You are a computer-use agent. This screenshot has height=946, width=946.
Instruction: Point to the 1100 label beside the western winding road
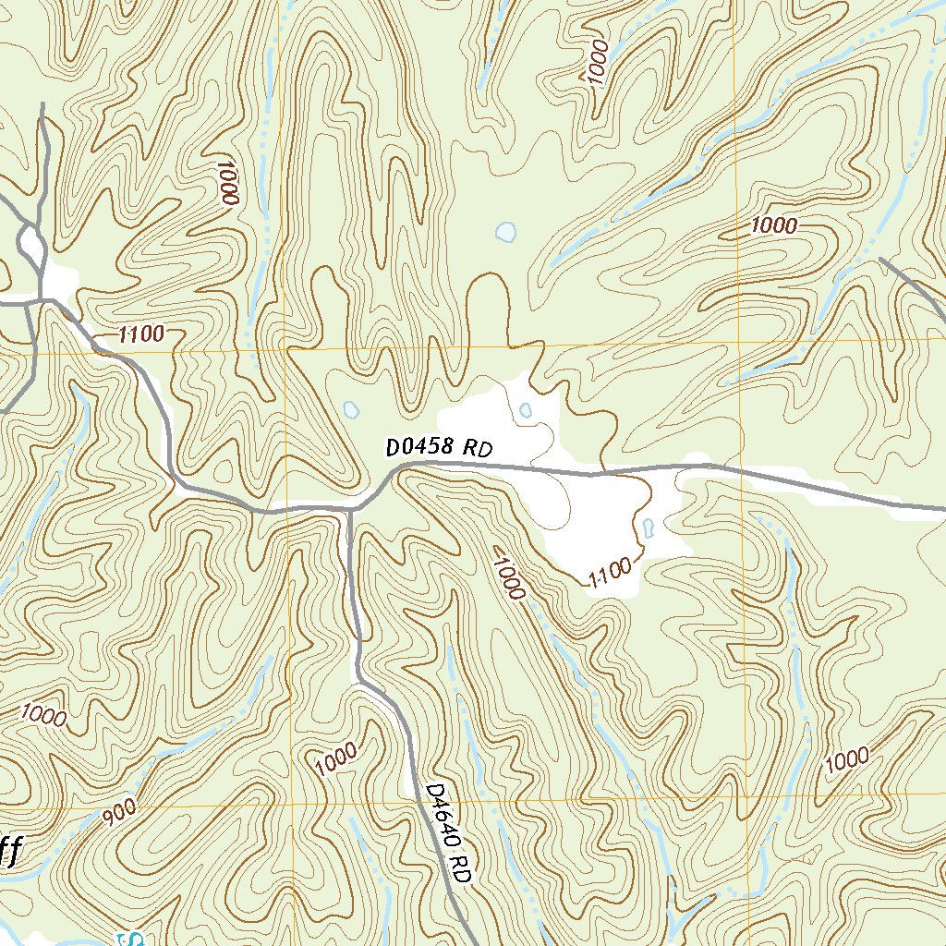pos(141,334)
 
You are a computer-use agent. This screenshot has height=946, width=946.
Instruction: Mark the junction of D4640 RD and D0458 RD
pos(351,508)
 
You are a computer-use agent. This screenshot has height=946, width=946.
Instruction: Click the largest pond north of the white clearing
pos(505,232)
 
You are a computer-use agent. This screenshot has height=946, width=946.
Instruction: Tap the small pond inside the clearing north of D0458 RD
pos(526,409)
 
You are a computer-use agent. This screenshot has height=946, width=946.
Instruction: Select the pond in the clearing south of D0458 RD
pos(648,528)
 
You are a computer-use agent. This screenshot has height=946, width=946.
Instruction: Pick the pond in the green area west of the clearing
pos(350,408)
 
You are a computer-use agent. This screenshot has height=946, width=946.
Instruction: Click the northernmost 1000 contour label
pos(599,63)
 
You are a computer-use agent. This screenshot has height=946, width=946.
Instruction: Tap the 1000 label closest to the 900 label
pos(42,716)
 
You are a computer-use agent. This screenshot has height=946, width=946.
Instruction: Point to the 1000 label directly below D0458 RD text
pos(508,574)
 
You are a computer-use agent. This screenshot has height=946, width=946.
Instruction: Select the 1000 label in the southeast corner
pos(846,760)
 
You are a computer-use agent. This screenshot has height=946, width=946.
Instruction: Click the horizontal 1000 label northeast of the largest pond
pos(773,224)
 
